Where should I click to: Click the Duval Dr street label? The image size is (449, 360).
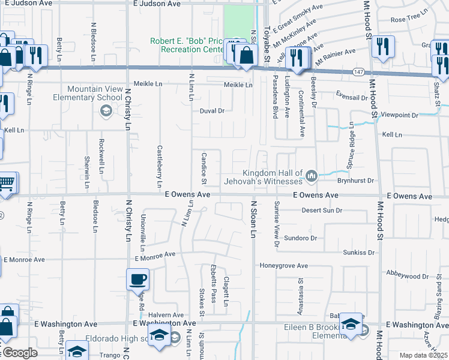(212, 111)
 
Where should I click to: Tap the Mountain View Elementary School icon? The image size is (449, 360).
(105, 110)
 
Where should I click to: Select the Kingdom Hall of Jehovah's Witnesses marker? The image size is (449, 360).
(311, 176)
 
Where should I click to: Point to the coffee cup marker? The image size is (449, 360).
(138, 279)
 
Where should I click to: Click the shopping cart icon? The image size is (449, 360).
(6, 182)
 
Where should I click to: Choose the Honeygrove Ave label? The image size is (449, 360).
(283, 265)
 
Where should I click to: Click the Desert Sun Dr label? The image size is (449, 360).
(321, 211)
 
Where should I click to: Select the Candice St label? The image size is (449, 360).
(203, 169)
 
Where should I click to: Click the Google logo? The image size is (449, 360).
(19, 353)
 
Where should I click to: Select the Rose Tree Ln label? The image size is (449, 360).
(409, 20)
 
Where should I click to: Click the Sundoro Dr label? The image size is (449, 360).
(300, 238)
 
